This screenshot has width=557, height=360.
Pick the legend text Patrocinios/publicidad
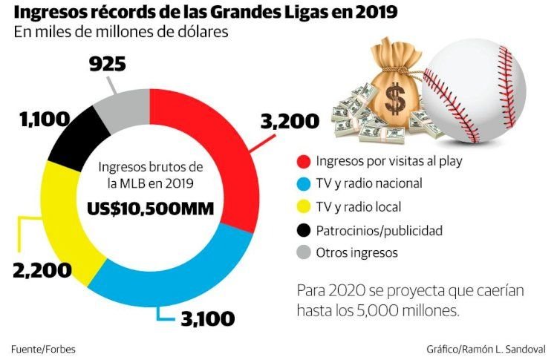379,231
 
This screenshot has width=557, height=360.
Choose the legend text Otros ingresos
356,253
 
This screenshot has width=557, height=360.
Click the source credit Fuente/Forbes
43,348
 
